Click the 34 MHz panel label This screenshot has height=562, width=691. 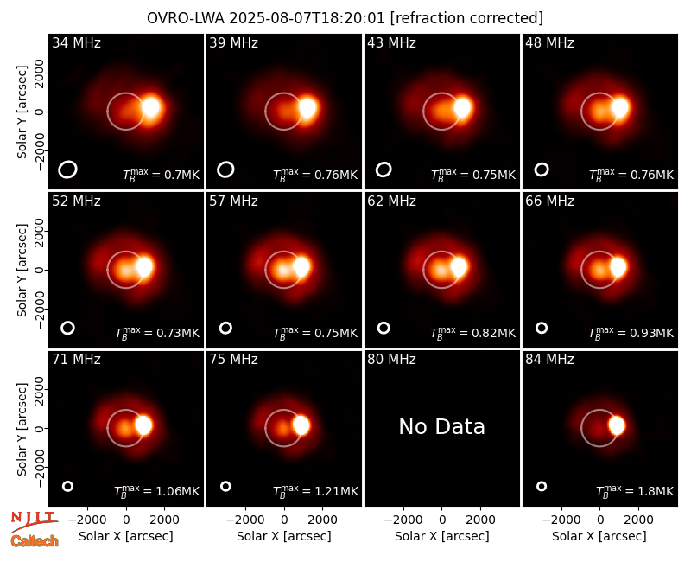(76, 42)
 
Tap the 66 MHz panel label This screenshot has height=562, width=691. (549, 201)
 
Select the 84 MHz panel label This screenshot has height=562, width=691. (549, 360)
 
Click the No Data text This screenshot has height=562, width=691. (441, 426)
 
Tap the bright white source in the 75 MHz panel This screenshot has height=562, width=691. (301, 425)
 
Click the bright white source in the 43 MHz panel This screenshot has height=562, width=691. (462, 108)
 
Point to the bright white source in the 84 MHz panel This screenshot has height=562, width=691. (617, 425)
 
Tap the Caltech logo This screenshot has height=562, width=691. (35, 541)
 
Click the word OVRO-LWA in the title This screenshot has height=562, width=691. (186, 18)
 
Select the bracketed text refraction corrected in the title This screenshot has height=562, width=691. (466, 18)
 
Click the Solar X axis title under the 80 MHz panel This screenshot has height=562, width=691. (442, 536)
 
